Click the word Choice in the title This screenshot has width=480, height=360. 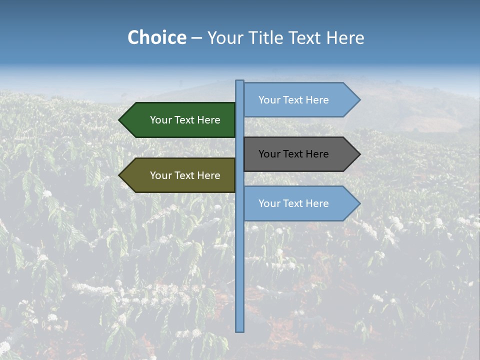point(156,38)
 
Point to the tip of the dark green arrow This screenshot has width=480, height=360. point(120,120)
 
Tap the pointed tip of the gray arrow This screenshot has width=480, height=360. point(359,154)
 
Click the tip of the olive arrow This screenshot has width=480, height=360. point(120,175)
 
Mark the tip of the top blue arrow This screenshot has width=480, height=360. point(359,100)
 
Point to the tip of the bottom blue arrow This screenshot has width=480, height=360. point(359,203)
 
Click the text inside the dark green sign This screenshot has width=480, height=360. point(185,120)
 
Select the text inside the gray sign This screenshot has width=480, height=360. point(293,154)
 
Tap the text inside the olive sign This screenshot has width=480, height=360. point(185,175)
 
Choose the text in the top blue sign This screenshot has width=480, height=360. point(293,100)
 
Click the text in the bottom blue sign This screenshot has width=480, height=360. point(293,203)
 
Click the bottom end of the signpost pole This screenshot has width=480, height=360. point(239,330)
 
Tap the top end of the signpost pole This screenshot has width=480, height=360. point(239,82)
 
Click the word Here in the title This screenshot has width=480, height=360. point(345,38)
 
